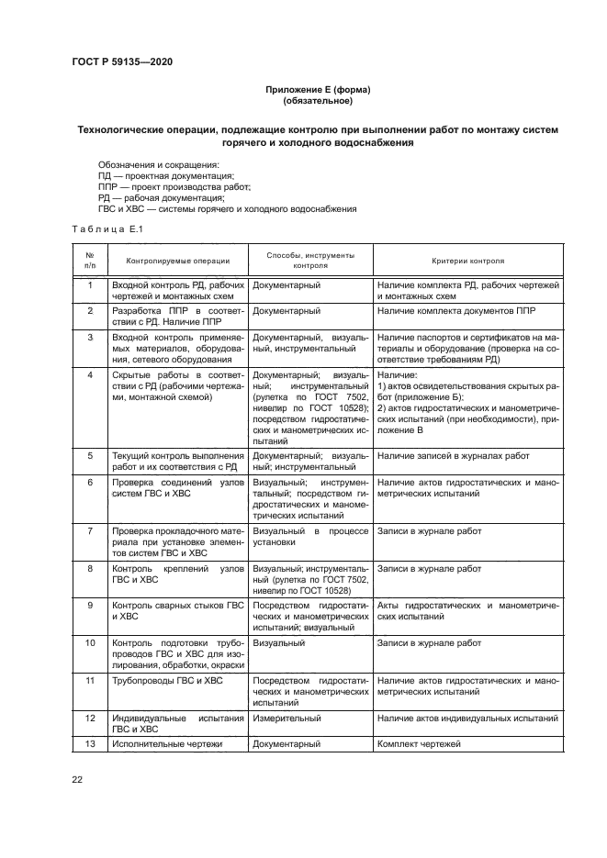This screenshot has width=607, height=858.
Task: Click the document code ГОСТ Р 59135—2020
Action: click(122, 61)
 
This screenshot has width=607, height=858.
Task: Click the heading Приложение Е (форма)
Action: click(317, 90)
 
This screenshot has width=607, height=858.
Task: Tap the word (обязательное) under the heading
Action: click(317, 102)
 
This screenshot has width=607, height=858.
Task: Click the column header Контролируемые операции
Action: click(178, 261)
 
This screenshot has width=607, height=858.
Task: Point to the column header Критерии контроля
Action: click(467, 261)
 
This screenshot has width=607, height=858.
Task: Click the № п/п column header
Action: click(90, 261)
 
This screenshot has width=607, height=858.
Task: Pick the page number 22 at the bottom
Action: click(78, 779)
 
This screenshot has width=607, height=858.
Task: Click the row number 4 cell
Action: click(90, 375)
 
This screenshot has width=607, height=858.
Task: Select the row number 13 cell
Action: click(90, 744)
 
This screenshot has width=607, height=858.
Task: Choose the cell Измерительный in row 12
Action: click(287, 718)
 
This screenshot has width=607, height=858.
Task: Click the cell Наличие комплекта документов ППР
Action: click(455, 311)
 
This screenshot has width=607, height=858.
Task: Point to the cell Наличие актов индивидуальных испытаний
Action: click(467, 718)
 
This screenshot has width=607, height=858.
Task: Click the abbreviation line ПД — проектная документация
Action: click(166, 176)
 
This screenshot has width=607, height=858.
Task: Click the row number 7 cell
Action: click(90, 530)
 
